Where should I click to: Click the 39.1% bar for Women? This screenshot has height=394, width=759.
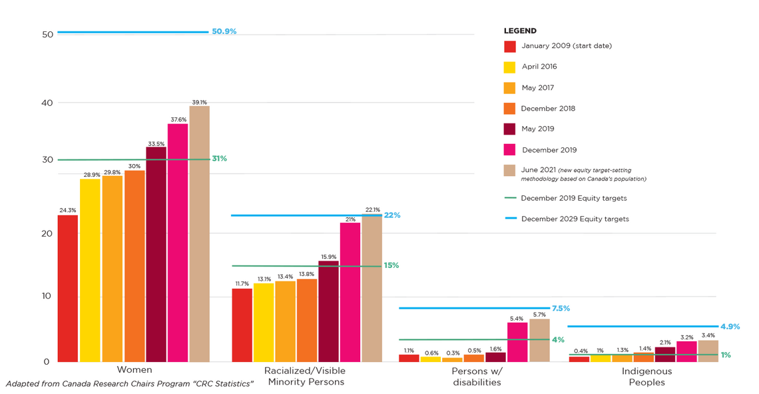point(199,233)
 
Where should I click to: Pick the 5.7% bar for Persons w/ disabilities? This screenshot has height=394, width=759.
point(539,340)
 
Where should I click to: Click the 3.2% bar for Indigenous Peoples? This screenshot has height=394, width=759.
point(686,351)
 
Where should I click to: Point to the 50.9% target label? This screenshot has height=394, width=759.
point(224,31)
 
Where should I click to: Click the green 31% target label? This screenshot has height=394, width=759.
point(219,159)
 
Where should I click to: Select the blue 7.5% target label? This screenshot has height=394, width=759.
point(561,309)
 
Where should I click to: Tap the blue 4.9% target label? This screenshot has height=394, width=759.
point(730,327)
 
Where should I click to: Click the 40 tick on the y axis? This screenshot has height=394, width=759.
point(46,103)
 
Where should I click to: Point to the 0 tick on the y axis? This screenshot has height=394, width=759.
point(47,361)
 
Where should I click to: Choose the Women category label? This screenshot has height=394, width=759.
point(134,370)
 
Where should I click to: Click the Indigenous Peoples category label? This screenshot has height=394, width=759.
point(646,377)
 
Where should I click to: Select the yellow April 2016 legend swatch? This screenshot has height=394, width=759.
point(509,67)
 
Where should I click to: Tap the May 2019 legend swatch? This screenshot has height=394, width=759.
point(509,129)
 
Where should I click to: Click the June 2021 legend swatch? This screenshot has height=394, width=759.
point(509,171)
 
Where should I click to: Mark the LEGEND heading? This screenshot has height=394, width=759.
point(520,31)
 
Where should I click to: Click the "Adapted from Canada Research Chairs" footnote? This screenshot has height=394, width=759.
point(130,384)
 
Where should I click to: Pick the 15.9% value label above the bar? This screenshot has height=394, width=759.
point(328,257)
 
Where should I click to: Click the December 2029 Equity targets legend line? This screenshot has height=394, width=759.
point(511,219)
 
